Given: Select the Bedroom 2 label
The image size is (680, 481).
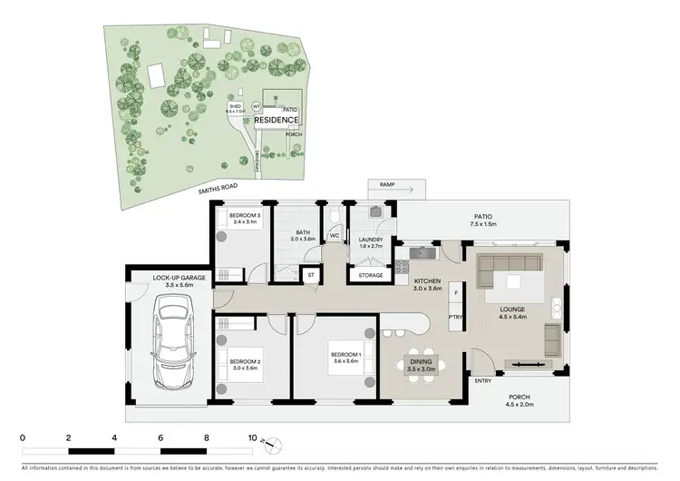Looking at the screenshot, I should point(245,365).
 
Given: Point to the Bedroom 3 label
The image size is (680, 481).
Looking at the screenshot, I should point(245,218).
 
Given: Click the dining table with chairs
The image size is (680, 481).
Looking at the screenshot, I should point(423,365).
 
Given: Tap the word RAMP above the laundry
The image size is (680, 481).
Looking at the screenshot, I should point(386,183).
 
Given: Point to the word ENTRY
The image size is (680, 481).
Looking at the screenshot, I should point(482,380).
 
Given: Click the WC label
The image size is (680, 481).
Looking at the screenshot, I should point(334,236).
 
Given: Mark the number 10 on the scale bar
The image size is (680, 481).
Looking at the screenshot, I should point(251,437).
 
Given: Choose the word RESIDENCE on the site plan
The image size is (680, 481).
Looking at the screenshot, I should point(276,120).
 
